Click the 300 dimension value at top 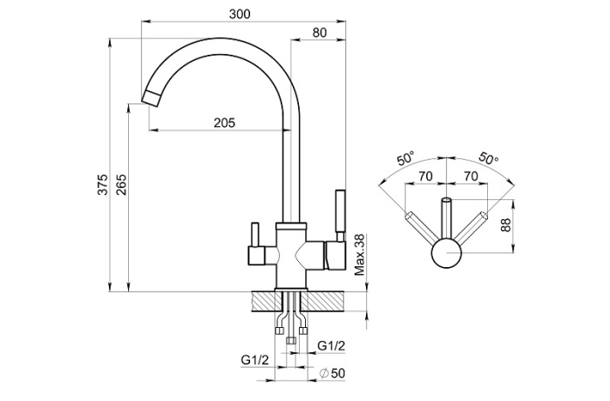[x=242, y=14]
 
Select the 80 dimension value [x=319, y=32]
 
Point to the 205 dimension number [x=224, y=123]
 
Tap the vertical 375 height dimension [x=102, y=185]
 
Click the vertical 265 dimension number [x=121, y=185]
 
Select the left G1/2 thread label [x=254, y=359]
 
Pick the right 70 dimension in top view [x=471, y=176]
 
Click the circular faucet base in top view [x=448, y=256]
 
